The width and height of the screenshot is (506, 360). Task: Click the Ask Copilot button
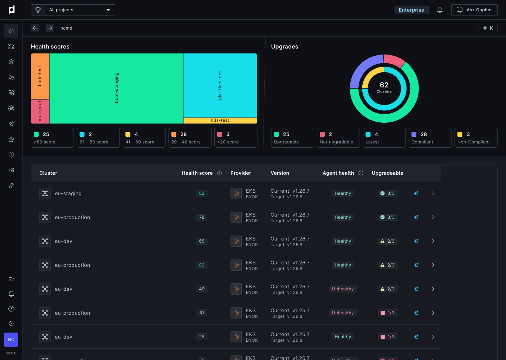(474, 10)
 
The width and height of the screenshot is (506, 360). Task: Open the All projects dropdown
(79, 10)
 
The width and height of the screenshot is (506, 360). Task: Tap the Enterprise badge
(411, 10)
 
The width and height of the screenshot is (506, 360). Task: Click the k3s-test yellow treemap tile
(220, 120)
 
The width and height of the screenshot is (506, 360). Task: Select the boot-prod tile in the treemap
(40, 111)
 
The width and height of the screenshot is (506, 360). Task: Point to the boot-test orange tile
(40, 76)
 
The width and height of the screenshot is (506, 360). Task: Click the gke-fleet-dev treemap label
(220, 85)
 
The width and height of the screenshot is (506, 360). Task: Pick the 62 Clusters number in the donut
(384, 85)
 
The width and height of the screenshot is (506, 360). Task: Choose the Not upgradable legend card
(338, 138)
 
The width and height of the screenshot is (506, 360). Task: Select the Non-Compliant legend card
(475, 138)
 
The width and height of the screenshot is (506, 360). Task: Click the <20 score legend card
(235, 138)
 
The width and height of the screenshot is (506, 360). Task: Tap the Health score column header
(197, 173)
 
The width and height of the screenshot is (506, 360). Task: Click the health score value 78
(202, 217)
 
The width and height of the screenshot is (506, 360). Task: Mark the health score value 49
(202, 289)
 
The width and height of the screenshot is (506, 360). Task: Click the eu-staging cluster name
(68, 193)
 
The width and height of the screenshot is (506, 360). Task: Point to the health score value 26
(202, 337)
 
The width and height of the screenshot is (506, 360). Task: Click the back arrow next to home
(35, 28)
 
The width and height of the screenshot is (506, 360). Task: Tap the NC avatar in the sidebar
(11, 340)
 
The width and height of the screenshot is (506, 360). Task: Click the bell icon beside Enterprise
(440, 10)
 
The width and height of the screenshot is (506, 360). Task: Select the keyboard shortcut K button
(488, 28)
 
